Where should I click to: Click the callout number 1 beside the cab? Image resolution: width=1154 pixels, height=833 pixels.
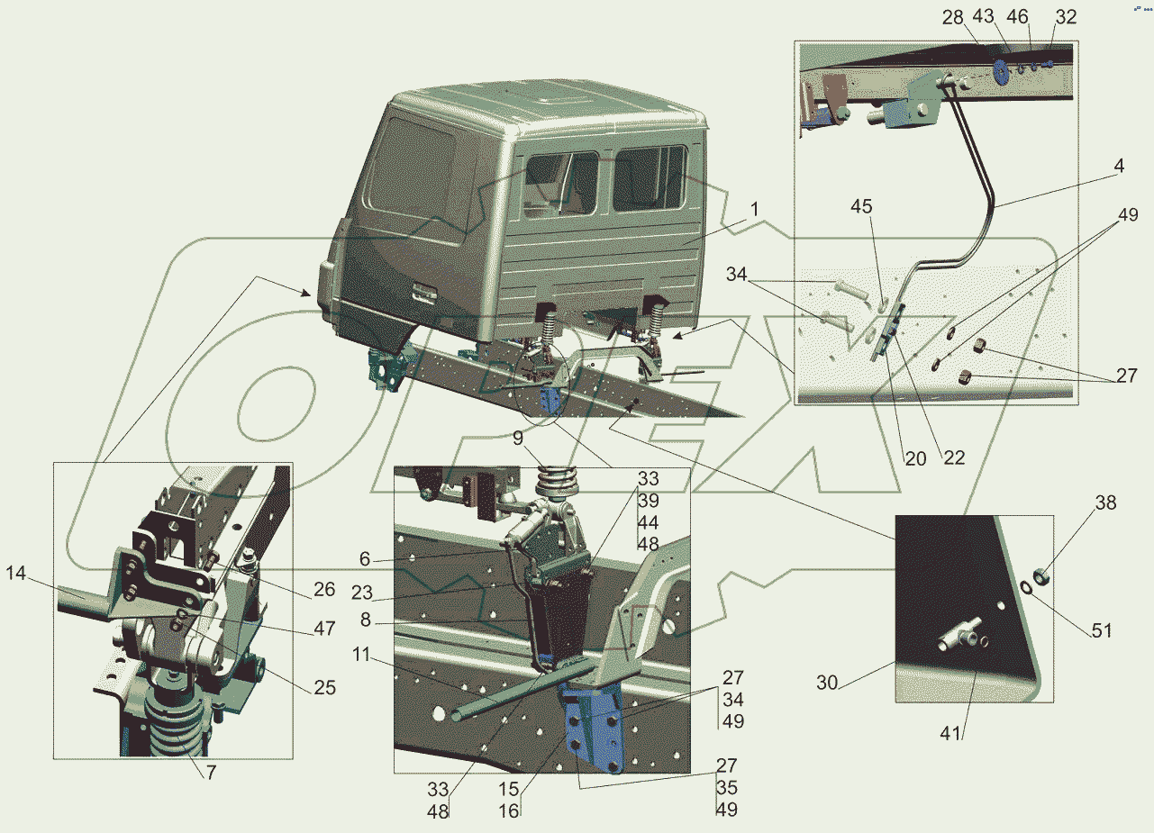coord(754,209)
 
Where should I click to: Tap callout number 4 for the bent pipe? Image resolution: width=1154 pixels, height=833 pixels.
coord(1118,166)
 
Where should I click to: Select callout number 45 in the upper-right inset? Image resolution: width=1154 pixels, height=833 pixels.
coord(861,206)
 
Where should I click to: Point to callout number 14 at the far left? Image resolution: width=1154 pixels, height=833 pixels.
coord(16,573)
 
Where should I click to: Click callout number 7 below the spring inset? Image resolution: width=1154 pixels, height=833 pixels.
coord(211,772)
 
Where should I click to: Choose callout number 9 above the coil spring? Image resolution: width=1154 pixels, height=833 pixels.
coord(518,439)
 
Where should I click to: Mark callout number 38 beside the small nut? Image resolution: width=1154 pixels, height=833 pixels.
coord(1105,503)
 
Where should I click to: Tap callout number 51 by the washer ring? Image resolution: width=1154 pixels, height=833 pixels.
coord(1102,630)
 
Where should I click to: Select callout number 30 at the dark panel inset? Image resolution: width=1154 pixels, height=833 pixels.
coord(827,683)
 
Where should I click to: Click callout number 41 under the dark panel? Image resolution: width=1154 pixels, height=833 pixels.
coord(950,733)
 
